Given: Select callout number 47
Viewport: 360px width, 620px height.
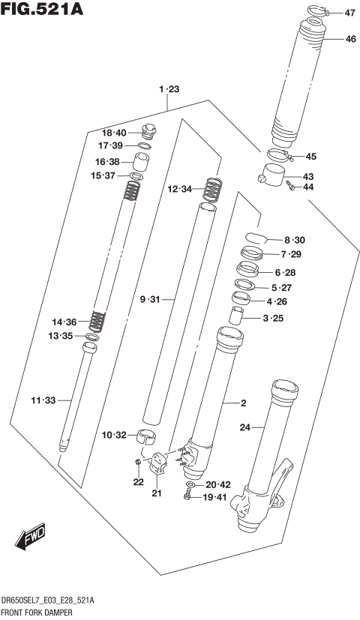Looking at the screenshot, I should [x=350, y=13].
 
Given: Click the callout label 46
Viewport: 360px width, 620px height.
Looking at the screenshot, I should [x=350, y=39].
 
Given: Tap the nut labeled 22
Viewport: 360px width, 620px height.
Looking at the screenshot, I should [x=138, y=462].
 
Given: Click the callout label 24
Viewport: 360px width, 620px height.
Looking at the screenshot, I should [x=244, y=428].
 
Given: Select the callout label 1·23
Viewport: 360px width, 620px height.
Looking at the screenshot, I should [x=169, y=89].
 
